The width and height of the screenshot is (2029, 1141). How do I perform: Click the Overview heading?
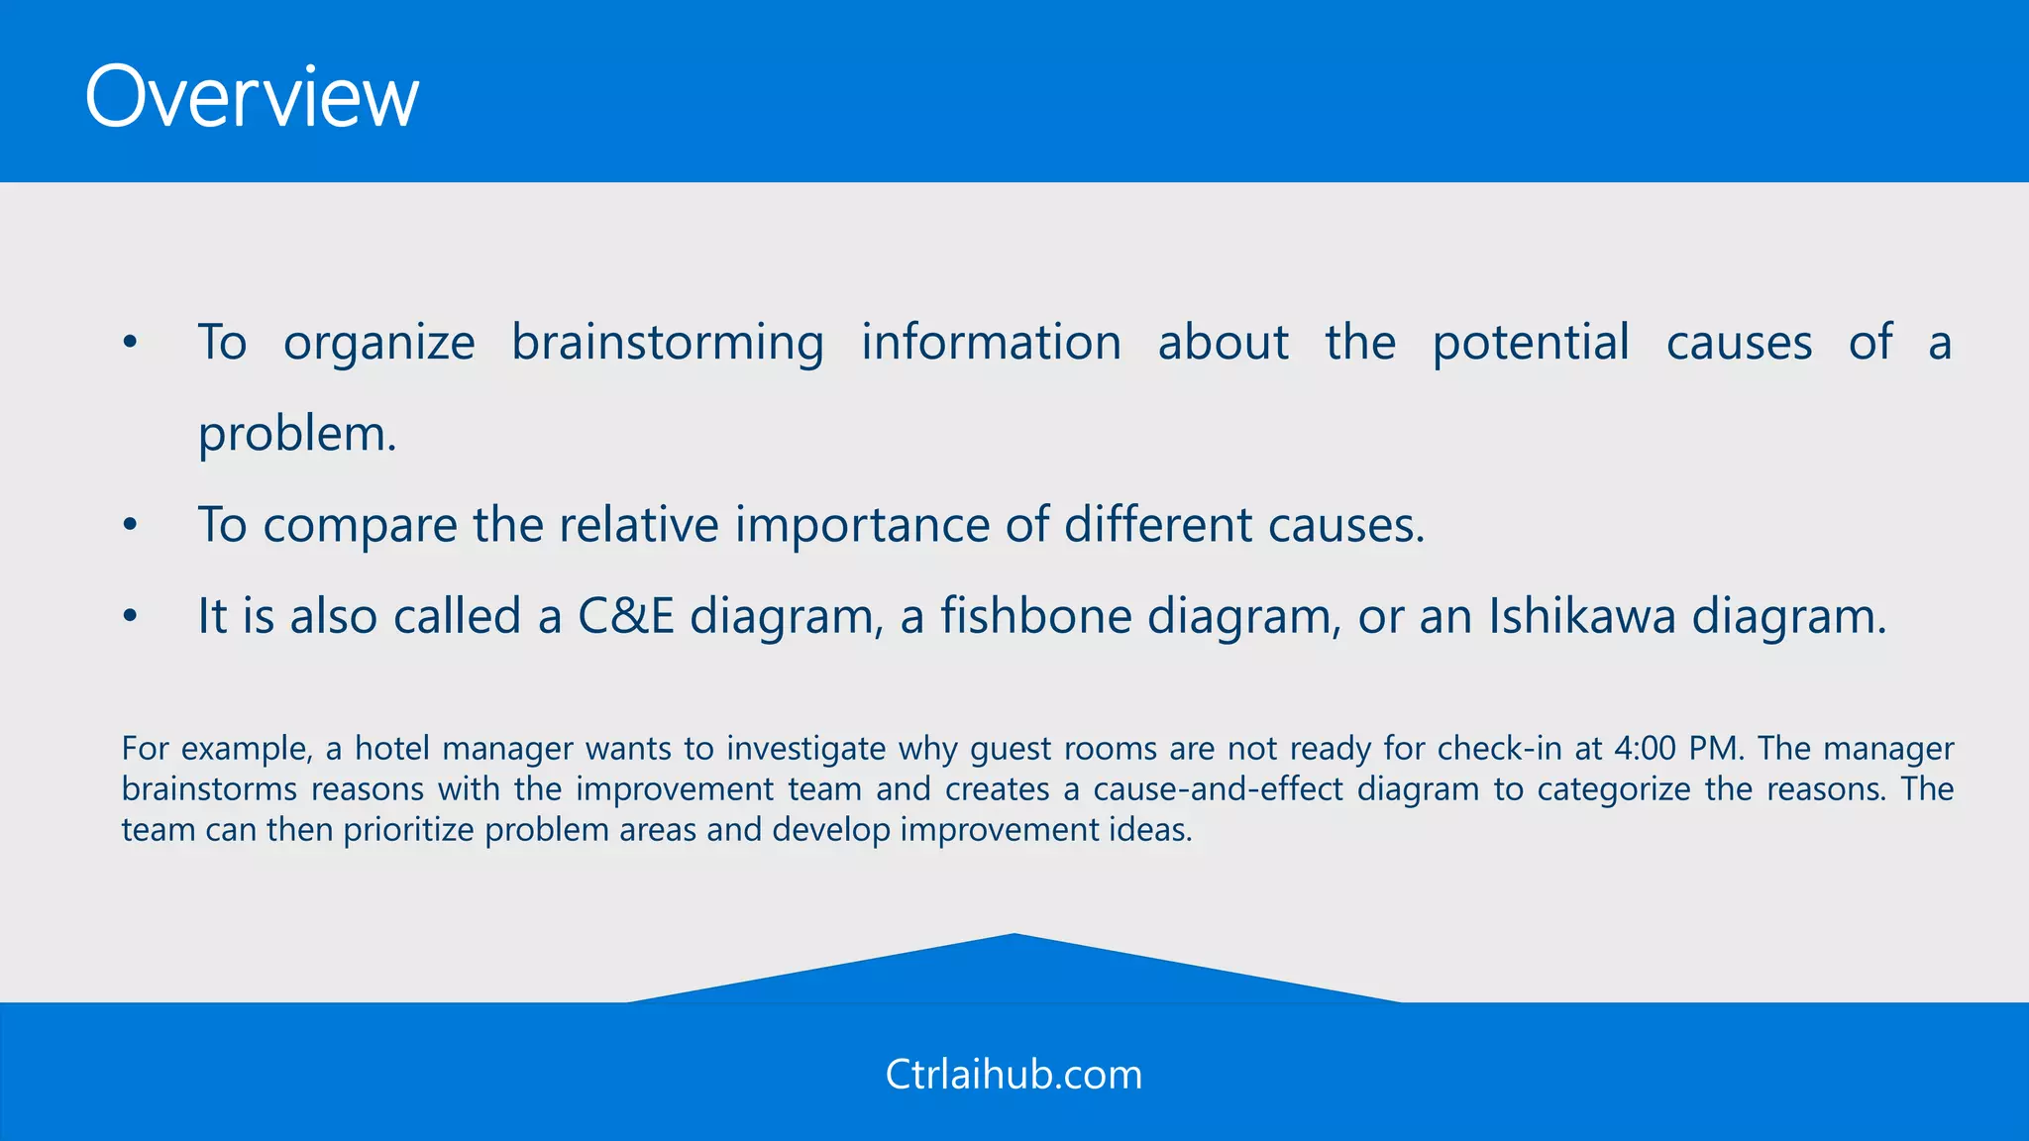252,97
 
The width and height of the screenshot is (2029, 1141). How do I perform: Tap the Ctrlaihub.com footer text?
1014,1075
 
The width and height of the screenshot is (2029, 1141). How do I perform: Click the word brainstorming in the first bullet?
668,344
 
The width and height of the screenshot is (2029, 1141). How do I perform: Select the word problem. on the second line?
297,435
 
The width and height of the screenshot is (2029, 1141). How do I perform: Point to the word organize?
379,344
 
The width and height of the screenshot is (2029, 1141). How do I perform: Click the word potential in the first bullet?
1531,344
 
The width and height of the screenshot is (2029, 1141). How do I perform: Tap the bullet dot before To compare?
130,526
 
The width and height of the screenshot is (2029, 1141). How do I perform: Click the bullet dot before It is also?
130,617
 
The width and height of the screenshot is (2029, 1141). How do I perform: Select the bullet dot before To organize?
130,344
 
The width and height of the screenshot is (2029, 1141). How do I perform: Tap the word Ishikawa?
1581,617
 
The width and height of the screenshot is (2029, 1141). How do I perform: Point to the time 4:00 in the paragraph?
1645,749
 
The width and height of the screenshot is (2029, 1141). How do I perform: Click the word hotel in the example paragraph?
392,749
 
